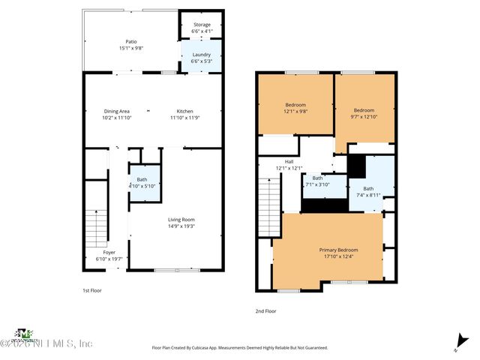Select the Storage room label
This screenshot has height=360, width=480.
tap(201, 25)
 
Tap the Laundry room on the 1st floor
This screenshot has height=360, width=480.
tap(201, 56)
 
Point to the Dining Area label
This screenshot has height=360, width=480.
tap(115, 111)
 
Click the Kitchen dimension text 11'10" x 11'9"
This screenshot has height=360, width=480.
tap(184, 117)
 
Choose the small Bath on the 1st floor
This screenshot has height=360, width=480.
tap(141, 181)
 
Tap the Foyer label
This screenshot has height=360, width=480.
tap(109, 253)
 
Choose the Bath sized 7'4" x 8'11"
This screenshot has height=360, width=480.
tap(367, 191)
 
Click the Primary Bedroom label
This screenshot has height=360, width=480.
tap(338, 250)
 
